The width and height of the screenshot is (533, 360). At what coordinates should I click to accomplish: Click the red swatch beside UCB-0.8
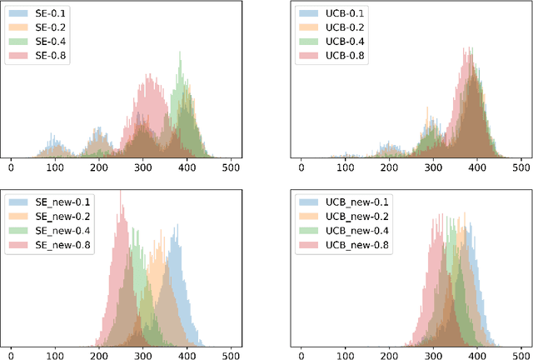tap(309, 55)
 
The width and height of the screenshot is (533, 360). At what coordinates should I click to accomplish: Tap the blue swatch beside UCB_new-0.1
tap(309, 202)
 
